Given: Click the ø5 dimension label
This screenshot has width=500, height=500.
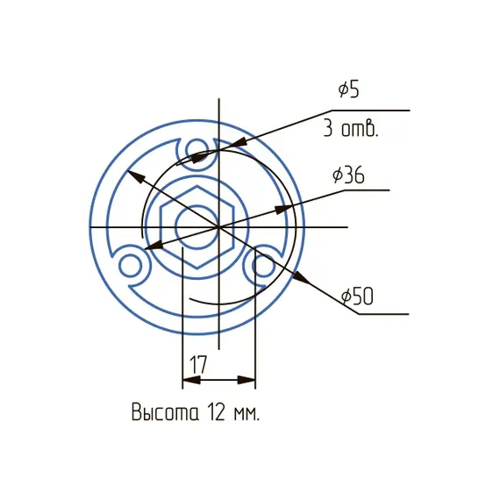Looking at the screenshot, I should click(349, 90).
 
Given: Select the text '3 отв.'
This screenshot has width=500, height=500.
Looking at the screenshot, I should click(350, 130).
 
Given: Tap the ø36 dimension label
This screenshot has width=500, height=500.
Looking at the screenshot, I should click(348, 175).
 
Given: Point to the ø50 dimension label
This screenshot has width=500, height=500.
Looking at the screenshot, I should click(357, 296).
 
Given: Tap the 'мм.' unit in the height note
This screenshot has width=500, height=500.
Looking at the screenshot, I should click(246, 412).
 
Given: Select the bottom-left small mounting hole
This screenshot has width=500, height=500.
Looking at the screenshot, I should click(132, 263).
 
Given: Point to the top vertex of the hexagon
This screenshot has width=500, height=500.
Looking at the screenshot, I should click(197, 186).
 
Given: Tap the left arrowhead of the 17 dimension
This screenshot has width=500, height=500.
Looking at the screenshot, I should click(188, 381).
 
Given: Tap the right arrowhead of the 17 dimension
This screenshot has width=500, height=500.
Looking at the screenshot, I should click(249, 381).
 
